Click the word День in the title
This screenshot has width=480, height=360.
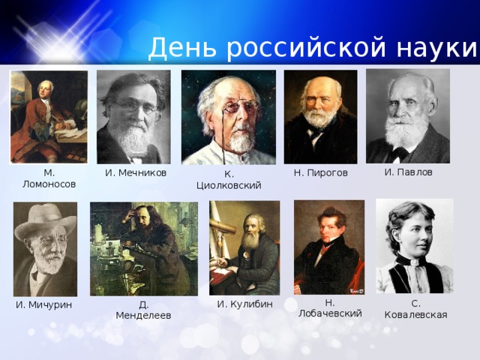tap(182, 47)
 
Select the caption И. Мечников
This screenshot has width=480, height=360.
tap(136, 173)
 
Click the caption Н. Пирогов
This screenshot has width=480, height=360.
tap(321, 173)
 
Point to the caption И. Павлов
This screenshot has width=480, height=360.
tap(408, 172)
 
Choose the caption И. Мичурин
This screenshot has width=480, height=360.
tap(44, 305)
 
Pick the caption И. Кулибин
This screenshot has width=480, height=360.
tap(245, 304)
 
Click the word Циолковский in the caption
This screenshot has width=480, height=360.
tap(229, 185)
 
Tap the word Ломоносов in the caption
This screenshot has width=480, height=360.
tap(49, 184)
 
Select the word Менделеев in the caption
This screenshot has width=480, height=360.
tap(143, 316)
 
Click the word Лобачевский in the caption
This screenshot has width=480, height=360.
tap(330, 313)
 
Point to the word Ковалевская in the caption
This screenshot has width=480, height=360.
tap(415, 315)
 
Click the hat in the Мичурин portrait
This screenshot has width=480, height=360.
tap(45, 220)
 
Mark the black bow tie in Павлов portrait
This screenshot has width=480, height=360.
tap(398, 154)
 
